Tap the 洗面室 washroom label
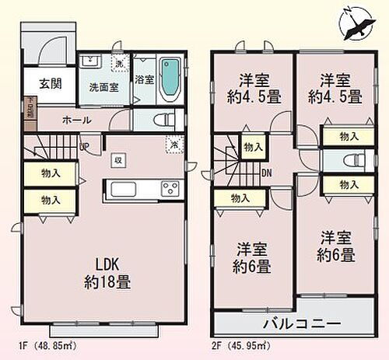pyautogui.click(x=103, y=87)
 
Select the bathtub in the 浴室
pyautogui.click(x=170, y=80)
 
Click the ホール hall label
pyautogui.click(x=76, y=120)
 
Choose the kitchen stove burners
pyautogui.click(x=170, y=188)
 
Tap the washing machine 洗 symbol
pyautogui.click(x=118, y=64)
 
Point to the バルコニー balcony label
pyautogui.click(x=296, y=322)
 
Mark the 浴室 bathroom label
pyautogui.click(x=143, y=79)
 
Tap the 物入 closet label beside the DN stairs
pyautogui.click(x=252, y=145)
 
